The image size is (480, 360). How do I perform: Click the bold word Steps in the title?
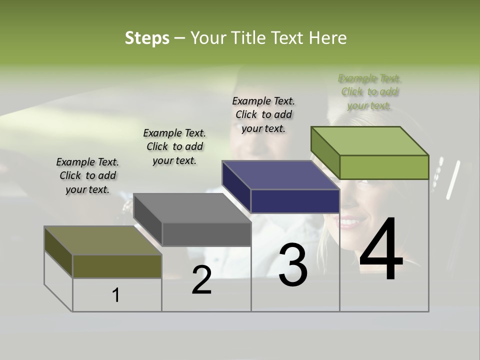[146, 38]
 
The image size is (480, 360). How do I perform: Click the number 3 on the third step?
[293, 265]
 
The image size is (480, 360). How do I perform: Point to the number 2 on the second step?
[201, 280]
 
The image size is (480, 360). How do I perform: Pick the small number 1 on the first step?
[116, 295]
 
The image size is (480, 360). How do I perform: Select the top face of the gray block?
[192, 208]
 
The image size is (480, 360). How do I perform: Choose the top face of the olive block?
[103, 240]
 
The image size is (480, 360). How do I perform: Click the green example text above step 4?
[370, 92]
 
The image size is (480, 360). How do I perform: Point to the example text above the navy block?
[263, 114]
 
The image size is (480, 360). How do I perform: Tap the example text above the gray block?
[174, 146]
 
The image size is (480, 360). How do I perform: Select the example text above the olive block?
[87, 175]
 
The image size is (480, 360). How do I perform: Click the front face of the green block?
[384, 167]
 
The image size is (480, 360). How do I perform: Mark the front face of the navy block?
[295, 201]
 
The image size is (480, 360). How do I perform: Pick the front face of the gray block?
[206, 234]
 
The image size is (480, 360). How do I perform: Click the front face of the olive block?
[117, 266]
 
